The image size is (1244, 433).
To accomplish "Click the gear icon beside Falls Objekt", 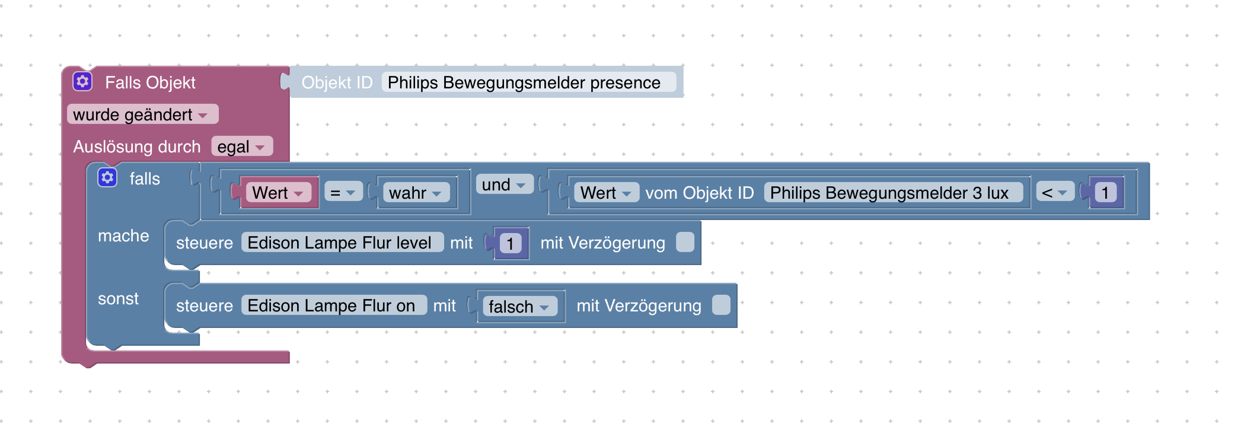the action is click(x=82, y=81).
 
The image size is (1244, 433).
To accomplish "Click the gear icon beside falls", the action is click(x=107, y=177).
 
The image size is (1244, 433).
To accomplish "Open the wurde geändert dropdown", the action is click(x=142, y=114).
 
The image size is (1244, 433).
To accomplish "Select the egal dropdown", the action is click(x=242, y=147).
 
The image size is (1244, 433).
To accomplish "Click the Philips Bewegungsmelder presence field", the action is click(x=528, y=82).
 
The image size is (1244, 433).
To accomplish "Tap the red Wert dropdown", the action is click(x=279, y=193).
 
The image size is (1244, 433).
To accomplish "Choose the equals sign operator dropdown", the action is click(x=343, y=193).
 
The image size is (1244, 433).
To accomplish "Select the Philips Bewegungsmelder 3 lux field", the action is click(x=894, y=193).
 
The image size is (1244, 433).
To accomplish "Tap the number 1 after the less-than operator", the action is click(x=1105, y=193).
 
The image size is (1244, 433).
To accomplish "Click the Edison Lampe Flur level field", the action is click(x=342, y=243).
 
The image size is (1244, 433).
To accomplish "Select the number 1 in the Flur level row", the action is click(x=511, y=243).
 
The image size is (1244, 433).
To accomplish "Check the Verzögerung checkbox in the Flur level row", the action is click(x=685, y=242).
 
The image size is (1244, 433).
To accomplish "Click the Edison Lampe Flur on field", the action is click(x=334, y=305).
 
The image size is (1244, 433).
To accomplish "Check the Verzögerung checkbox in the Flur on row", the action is click(x=721, y=305).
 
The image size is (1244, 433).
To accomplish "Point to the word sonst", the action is click(x=118, y=298).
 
